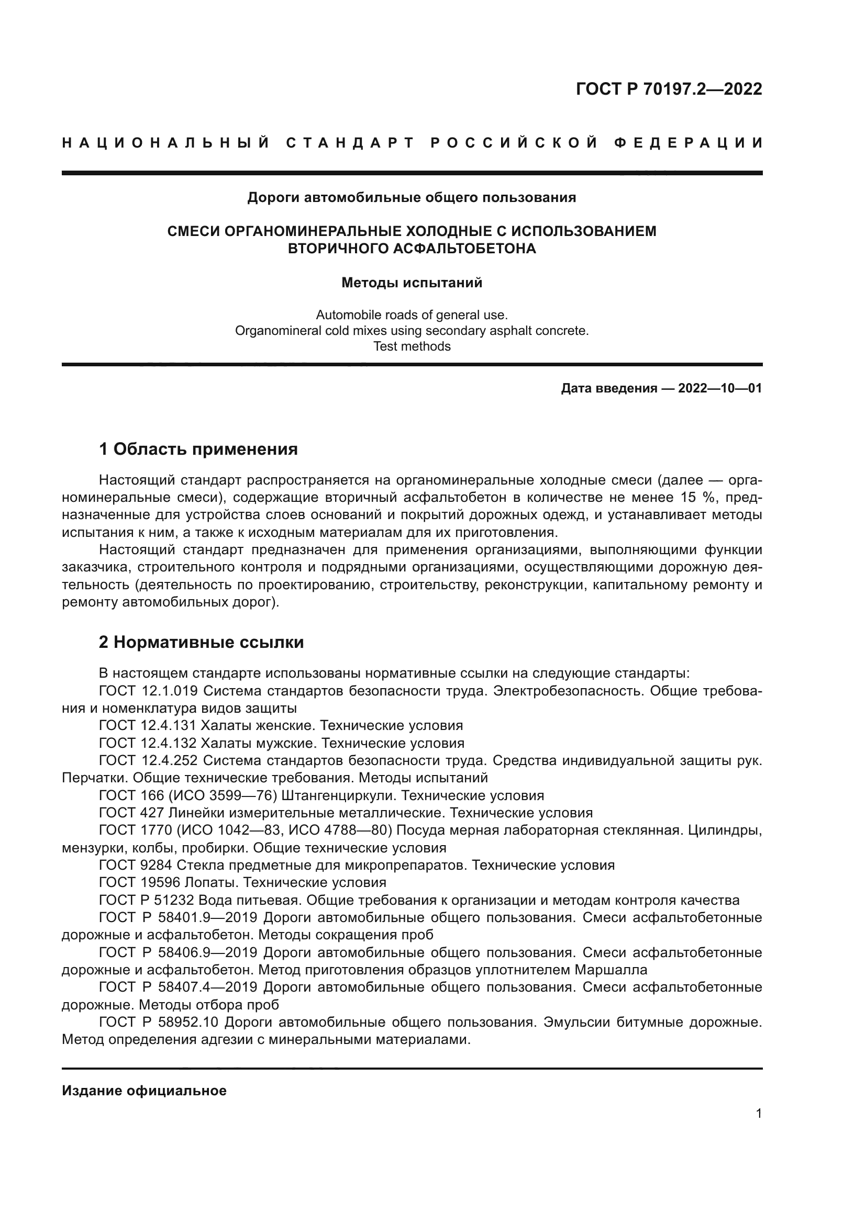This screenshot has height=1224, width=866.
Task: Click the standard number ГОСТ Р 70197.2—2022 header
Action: (x=669, y=88)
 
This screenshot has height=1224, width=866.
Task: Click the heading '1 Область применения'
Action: (x=198, y=449)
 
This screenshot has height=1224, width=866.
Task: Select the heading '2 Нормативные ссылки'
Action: (x=201, y=642)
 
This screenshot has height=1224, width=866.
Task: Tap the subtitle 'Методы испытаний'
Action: (x=412, y=283)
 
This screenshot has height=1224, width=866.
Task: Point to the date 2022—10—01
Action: (x=720, y=388)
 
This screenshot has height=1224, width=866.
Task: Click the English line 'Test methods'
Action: (x=412, y=346)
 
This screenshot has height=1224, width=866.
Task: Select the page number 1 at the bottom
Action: (x=758, y=1114)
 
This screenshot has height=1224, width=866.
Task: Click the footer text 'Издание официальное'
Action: (x=144, y=1090)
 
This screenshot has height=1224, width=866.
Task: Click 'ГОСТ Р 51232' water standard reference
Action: (x=147, y=900)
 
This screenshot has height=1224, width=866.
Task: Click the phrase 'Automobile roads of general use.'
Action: (x=412, y=315)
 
